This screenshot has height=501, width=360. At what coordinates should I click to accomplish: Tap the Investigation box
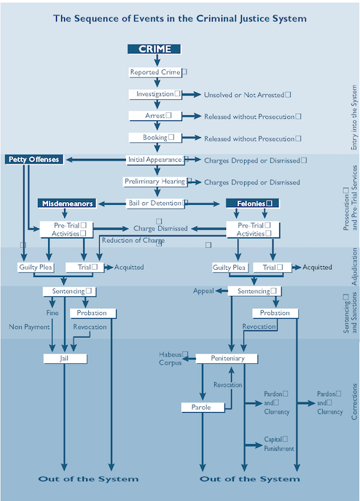[x=155, y=94]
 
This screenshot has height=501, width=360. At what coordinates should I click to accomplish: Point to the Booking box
[x=154, y=137]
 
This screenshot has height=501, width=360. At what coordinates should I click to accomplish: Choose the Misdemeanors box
[x=67, y=203]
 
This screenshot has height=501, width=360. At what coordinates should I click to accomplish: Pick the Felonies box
[x=251, y=203]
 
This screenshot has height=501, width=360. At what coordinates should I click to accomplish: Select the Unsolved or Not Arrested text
[x=247, y=95]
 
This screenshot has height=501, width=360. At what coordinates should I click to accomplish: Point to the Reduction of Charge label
[x=133, y=240]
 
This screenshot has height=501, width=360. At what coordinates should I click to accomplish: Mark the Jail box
[x=65, y=359]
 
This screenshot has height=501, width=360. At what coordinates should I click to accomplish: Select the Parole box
[x=201, y=407]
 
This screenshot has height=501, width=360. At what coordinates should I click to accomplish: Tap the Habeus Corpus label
[x=173, y=358]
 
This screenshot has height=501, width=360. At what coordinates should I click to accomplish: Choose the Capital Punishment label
[x=276, y=443]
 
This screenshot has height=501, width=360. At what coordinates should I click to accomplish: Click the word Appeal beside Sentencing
[x=203, y=290]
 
